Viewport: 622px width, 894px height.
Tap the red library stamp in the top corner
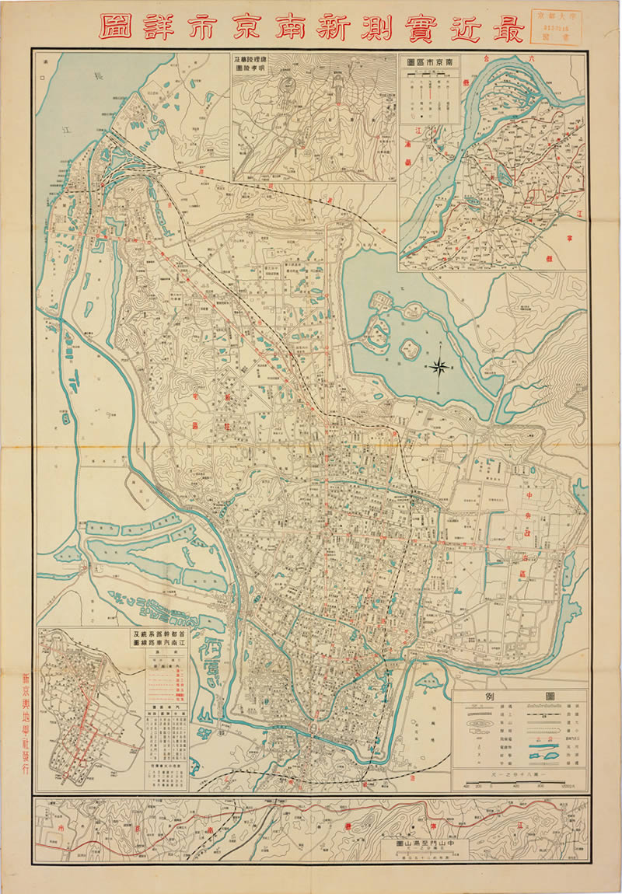coord(558,23)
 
